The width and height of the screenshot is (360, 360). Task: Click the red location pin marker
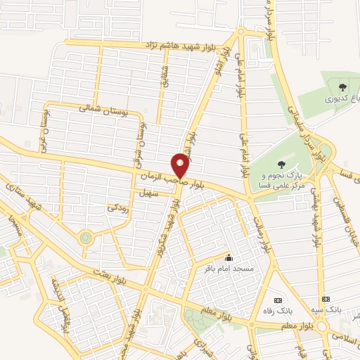point(181,165)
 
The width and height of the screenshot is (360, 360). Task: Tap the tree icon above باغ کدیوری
point(342,88)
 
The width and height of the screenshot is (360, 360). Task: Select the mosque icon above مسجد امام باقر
point(228,257)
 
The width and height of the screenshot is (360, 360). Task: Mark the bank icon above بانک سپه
point(324,298)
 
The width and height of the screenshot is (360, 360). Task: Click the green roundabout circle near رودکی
point(86,238)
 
